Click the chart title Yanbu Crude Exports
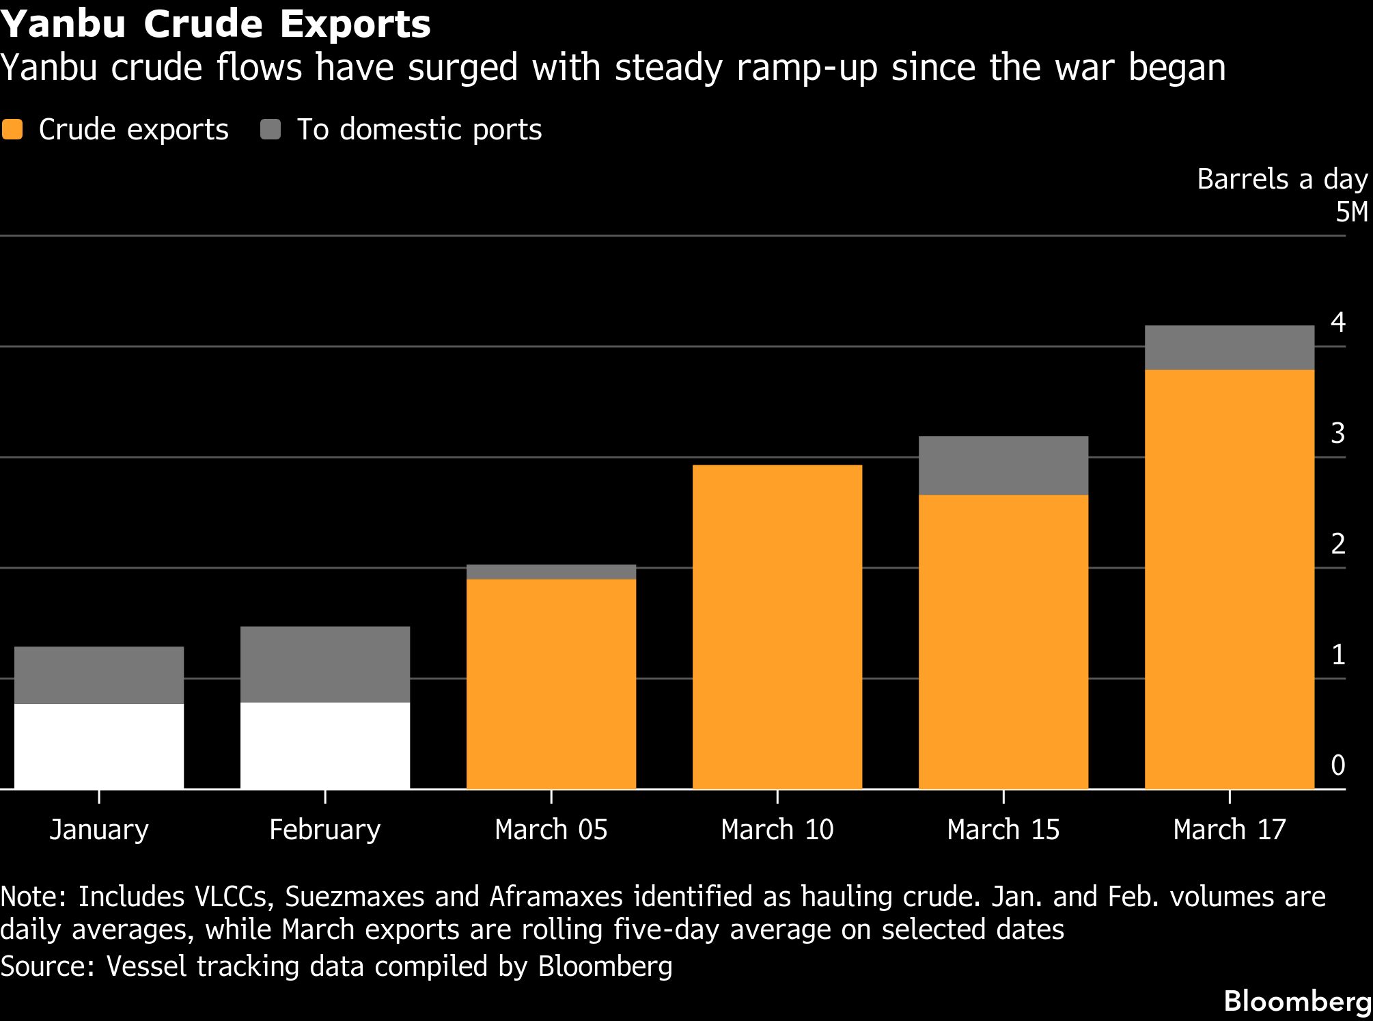[216, 25]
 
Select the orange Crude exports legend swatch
[12, 130]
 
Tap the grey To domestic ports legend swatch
[271, 130]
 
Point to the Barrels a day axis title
[1282, 179]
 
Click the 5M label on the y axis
[1351, 213]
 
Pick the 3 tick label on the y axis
[1338, 433]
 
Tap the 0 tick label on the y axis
[1338, 765]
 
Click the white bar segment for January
[99, 746]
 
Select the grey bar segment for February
[325, 664]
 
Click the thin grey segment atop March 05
[551, 572]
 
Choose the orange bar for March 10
[777, 627]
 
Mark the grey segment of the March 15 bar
[1003, 465]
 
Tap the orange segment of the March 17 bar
[1230, 579]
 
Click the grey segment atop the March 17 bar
[1230, 348]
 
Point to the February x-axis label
[325, 830]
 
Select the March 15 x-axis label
[1003, 830]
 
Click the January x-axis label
[99, 830]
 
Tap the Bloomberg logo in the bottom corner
[1297, 1001]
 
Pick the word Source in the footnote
[45, 966]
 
